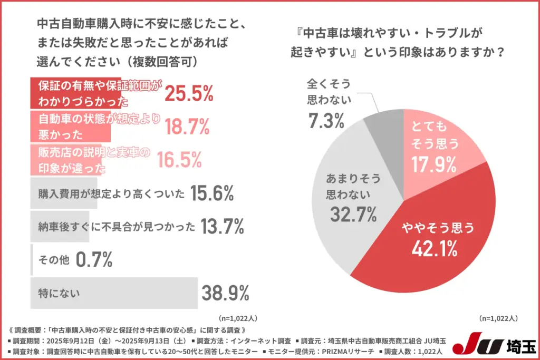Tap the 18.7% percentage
[187, 127]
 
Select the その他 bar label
[53, 260]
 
